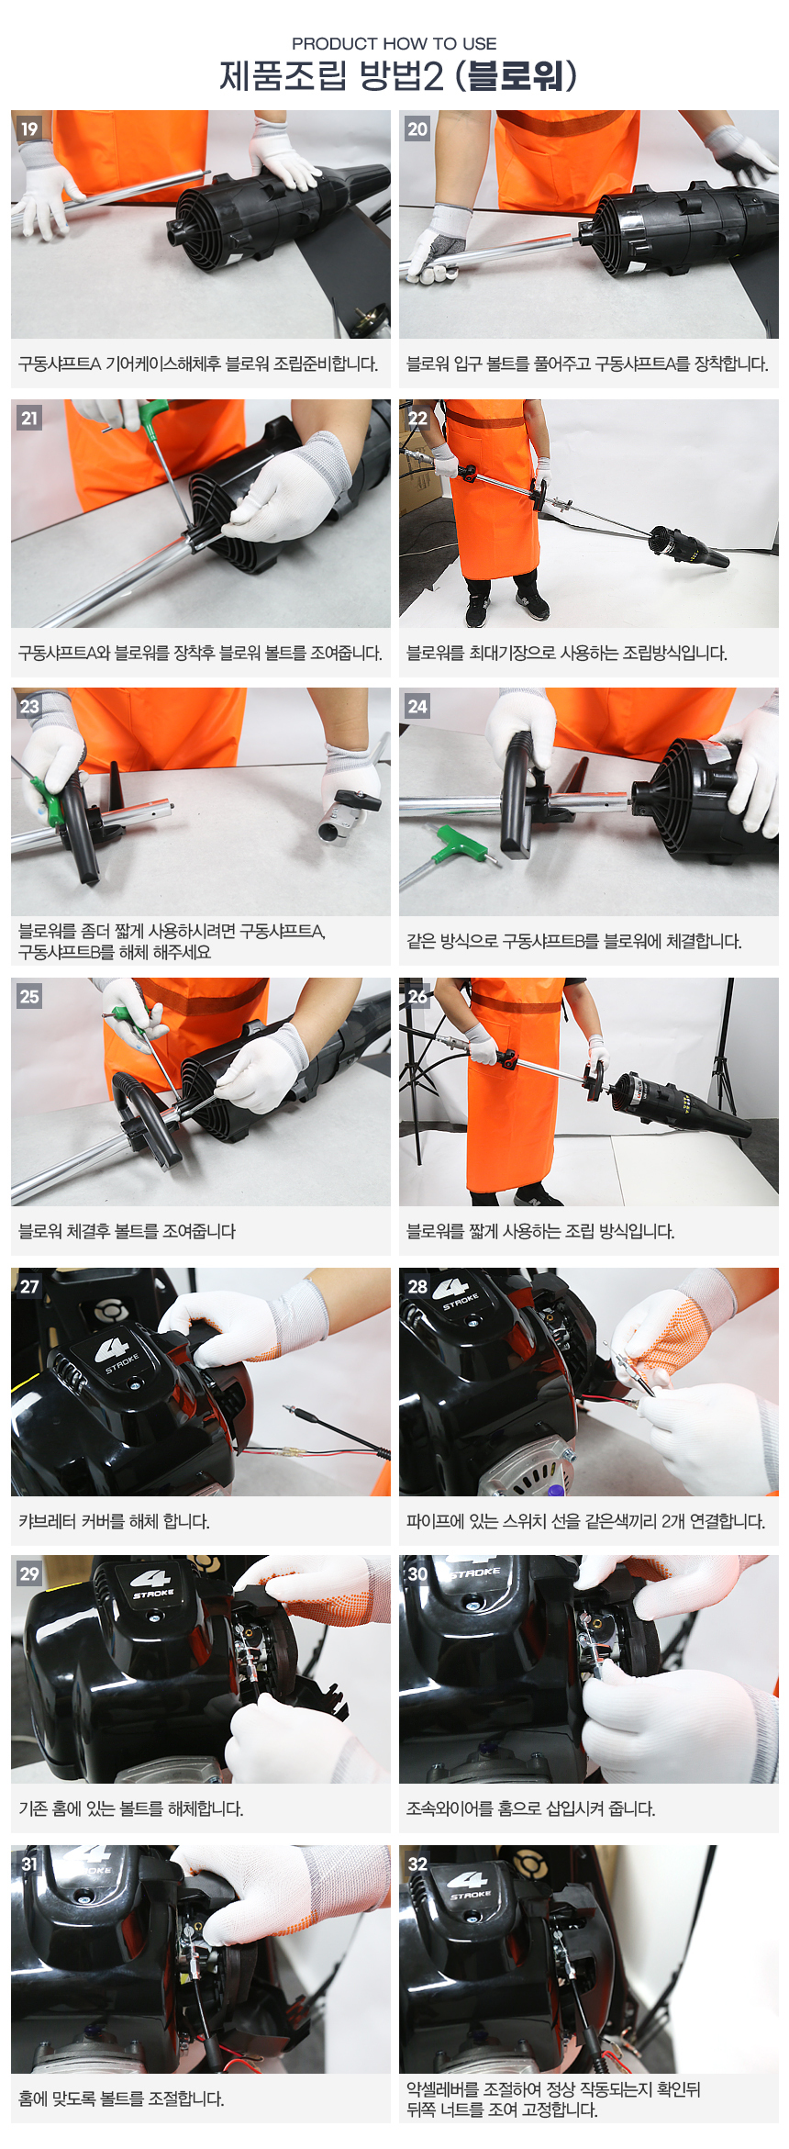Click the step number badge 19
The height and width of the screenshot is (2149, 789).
29,129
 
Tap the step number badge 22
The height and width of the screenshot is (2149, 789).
417,418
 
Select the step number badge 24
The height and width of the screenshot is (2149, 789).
417,706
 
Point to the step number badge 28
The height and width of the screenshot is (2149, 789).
417,1286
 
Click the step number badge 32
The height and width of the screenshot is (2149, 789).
417,1864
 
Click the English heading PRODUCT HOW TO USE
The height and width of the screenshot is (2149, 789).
394,43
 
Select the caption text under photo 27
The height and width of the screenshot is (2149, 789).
115,1522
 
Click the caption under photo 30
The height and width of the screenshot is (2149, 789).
530,1809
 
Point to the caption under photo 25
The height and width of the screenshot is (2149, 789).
127,1231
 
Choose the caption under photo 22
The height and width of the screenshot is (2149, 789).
567,654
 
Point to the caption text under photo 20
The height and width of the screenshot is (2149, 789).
587,364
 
